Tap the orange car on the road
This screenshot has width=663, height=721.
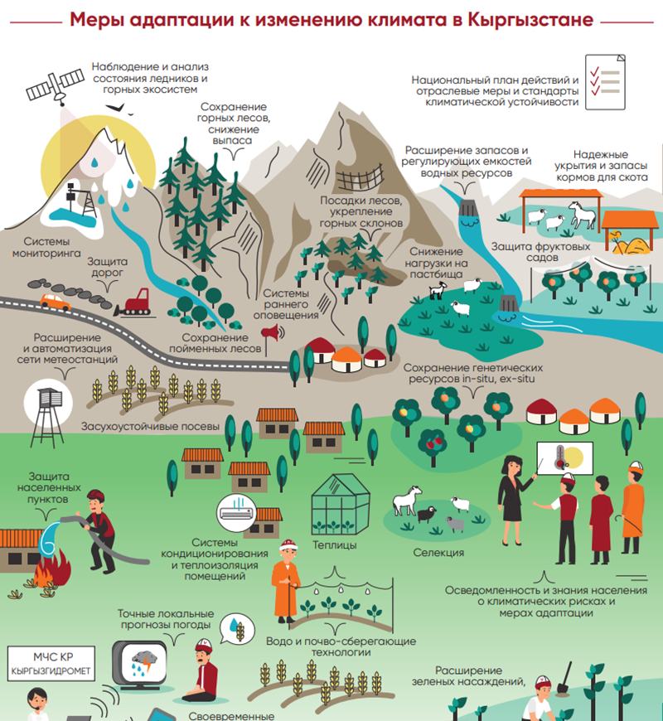click(x=56, y=301)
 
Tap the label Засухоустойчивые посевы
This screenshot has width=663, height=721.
click(x=150, y=428)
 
